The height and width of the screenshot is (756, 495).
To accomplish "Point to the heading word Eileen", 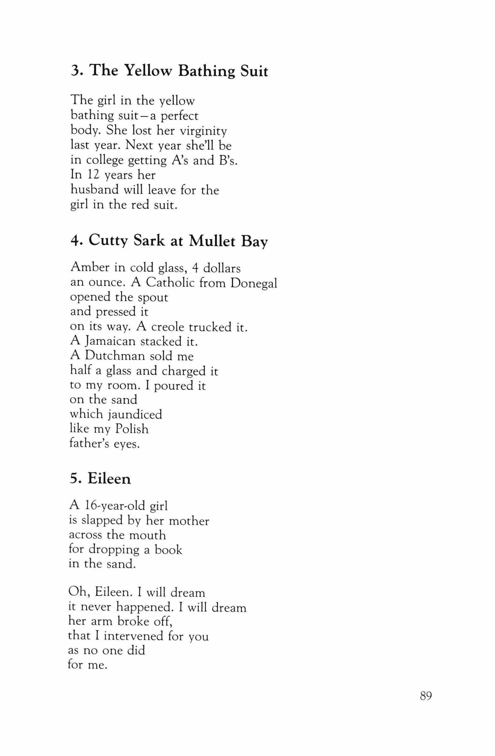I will coord(109,479).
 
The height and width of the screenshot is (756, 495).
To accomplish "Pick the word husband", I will coord(94,190).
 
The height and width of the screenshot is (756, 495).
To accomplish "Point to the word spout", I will coord(153,297).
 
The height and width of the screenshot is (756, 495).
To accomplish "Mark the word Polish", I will coord(132,429).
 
